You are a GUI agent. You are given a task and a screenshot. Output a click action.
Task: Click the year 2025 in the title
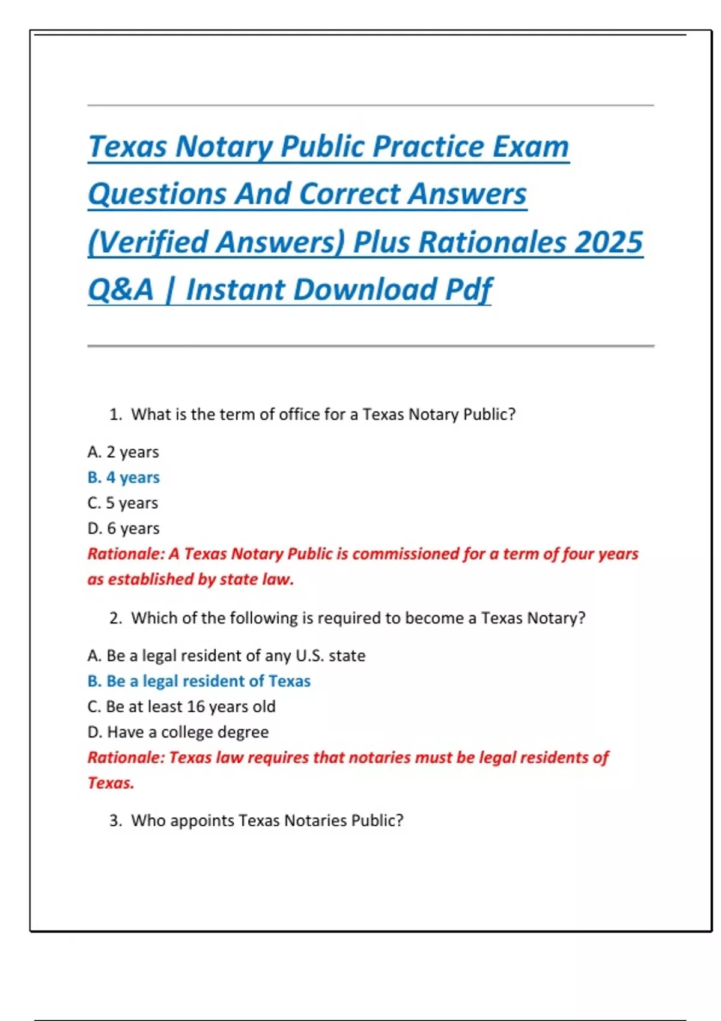coord(608,242)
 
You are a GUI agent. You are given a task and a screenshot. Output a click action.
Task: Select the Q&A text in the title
coord(121,289)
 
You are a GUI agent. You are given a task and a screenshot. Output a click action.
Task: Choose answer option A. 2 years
coord(123,452)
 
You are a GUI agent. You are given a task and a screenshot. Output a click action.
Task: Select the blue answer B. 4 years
coord(123,477)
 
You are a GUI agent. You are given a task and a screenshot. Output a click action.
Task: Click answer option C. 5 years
coord(123,503)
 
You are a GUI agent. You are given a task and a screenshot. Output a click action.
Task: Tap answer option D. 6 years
coord(123,529)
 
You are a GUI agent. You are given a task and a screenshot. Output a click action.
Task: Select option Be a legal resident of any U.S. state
coord(226,655)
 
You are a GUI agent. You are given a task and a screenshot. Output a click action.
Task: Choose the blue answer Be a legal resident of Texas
coord(199,681)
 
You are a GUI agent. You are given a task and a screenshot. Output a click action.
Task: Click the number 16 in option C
coord(195,706)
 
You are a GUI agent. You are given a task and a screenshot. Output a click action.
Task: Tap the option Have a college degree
coord(178,732)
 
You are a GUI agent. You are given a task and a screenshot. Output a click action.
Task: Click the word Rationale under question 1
coord(126,554)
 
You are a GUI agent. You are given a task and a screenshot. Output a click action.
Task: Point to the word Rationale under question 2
coord(126,757)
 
